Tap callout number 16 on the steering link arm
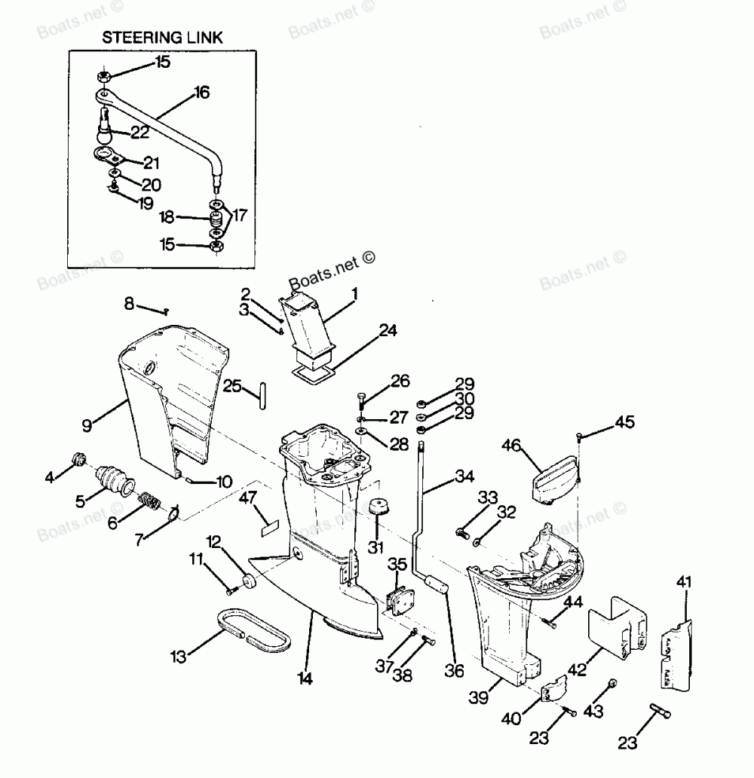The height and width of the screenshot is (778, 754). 201,92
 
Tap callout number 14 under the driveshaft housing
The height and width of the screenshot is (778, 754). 304,678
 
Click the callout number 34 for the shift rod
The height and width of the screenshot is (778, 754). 464,477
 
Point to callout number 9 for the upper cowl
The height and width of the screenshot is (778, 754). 87,425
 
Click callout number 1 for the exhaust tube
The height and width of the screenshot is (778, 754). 354,292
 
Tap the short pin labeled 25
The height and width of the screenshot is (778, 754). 262,395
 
